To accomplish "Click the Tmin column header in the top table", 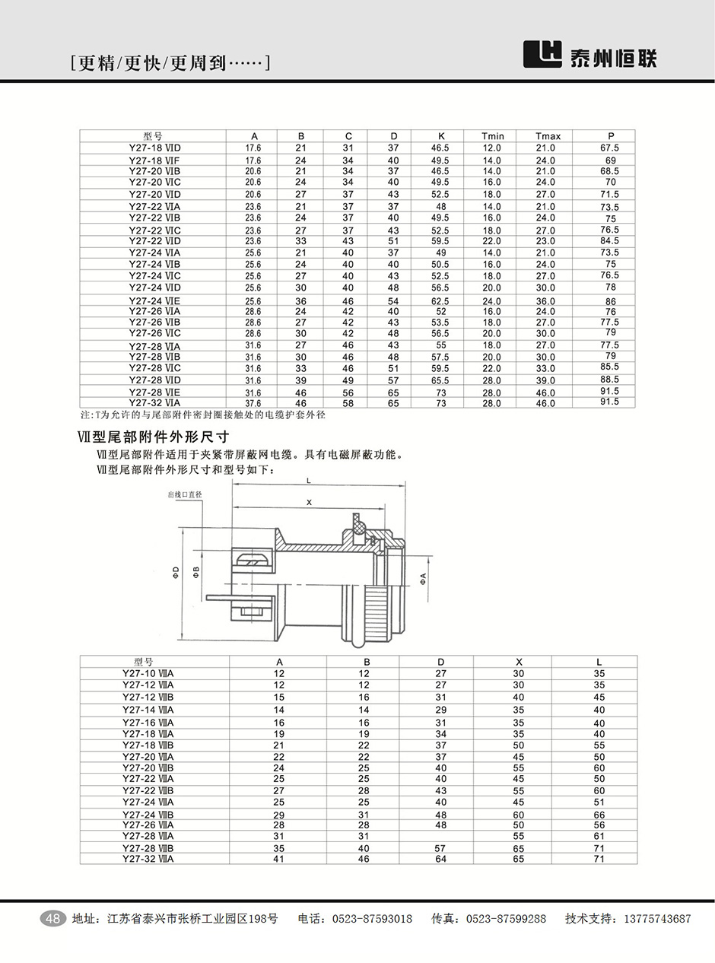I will click(493, 136).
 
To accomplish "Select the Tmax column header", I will click(548, 136).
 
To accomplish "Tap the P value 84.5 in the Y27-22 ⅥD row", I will click(609, 241).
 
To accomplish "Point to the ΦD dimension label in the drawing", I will click(176, 571).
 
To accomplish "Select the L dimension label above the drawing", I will click(308, 481).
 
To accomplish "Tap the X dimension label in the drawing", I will click(309, 503).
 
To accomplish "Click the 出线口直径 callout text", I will click(185, 494).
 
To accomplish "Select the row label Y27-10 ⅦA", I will click(148, 673).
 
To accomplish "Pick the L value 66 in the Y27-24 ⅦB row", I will click(599, 815).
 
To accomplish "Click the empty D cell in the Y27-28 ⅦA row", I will click(440, 836).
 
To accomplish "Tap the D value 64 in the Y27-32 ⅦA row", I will click(440, 859).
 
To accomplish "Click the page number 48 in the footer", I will click(53, 919).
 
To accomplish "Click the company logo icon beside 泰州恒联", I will click(542, 53).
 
